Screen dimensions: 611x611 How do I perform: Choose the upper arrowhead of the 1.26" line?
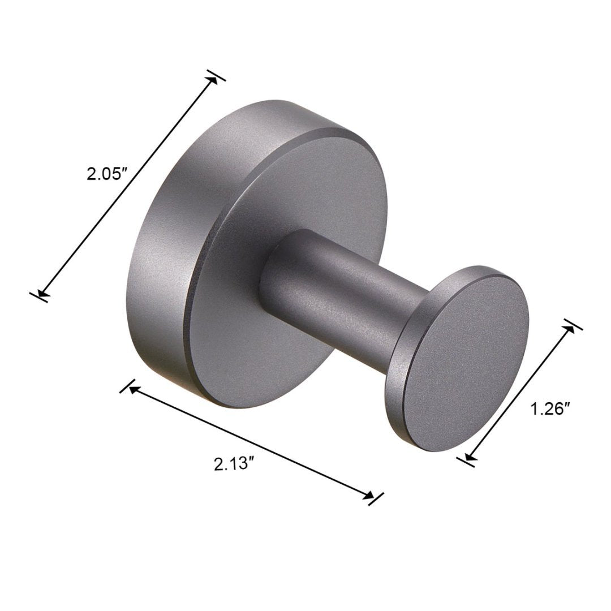(570, 329)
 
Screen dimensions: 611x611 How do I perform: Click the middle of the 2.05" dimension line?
(128, 186)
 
